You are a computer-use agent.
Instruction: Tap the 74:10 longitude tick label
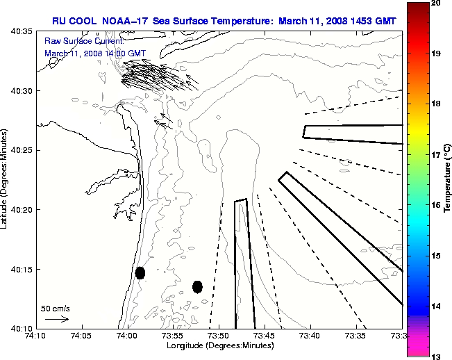[x=35, y=336]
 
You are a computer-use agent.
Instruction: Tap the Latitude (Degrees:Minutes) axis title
[x=6, y=180]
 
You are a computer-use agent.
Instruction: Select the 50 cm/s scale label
[x=56, y=308]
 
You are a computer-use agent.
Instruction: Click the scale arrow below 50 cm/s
[x=56, y=319]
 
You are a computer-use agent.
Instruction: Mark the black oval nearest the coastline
[x=140, y=272]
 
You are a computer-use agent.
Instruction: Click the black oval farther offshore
[x=197, y=286]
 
